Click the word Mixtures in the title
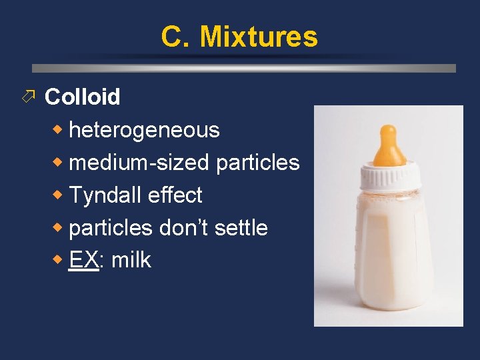click(x=259, y=37)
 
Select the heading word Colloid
click(x=82, y=97)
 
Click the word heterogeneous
click(x=144, y=130)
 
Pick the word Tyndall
click(x=105, y=195)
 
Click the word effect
click(x=175, y=195)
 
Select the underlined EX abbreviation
click(x=83, y=260)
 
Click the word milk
click(x=131, y=260)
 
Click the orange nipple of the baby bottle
click(x=389, y=147)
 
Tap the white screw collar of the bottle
click(x=391, y=178)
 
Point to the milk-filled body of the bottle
click(x=389, y=253)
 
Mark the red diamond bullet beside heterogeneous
click(x=59, y=129)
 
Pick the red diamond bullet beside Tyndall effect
click(x=59, y=195)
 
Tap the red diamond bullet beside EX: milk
click(x=59, y=260)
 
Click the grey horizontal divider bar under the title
click(x=243, y=68)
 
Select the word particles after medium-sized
click(x=258, y=163)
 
